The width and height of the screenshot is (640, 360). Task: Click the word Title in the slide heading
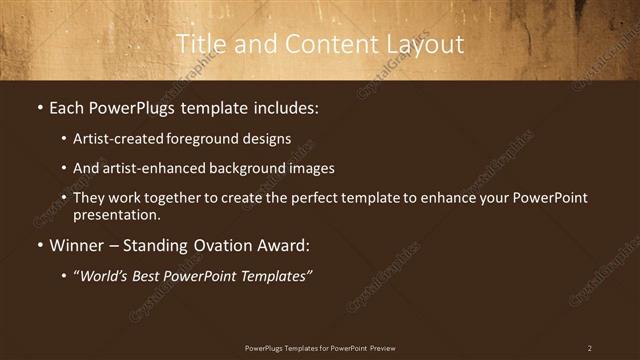(200, 44)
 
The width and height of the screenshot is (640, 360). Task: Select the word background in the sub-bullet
(242, 168)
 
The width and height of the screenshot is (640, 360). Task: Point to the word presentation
(115, 214)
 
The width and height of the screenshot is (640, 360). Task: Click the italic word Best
(152, 276)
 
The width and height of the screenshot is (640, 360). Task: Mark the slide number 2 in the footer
(589, 348)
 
